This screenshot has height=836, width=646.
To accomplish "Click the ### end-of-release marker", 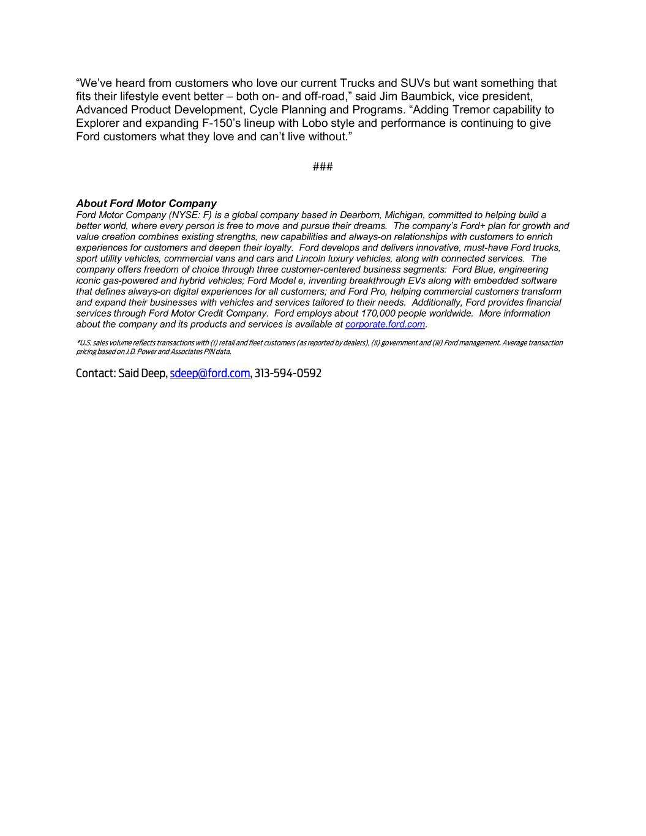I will [x=323, y=167].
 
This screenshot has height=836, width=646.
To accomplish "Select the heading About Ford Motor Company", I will [x=146, y=203].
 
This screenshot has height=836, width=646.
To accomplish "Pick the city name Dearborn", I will [x=359, y=215].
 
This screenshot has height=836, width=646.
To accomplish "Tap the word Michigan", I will [x=404, y=215].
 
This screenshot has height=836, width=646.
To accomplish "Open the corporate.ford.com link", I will [x=385, y=325].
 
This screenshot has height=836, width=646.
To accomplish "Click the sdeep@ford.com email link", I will [x=210, y=374].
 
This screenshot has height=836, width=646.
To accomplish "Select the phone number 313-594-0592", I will [x=288, y=374].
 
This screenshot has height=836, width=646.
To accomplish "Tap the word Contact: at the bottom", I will [x=96, y=374].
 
